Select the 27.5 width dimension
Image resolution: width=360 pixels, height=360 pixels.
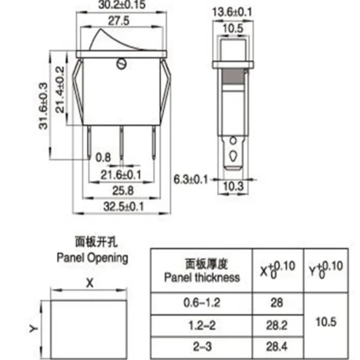click(121, 21)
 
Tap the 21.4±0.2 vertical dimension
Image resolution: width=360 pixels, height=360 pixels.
click(58, 88)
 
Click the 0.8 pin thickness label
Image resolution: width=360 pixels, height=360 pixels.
click(104, 157)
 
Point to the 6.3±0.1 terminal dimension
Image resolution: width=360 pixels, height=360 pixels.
click(191, 180)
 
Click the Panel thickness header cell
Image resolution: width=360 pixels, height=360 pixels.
click(202, 270)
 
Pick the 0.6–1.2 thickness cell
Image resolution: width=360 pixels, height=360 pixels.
click(202, 303)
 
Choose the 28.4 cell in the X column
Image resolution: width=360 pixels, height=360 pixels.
click(277, 346)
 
